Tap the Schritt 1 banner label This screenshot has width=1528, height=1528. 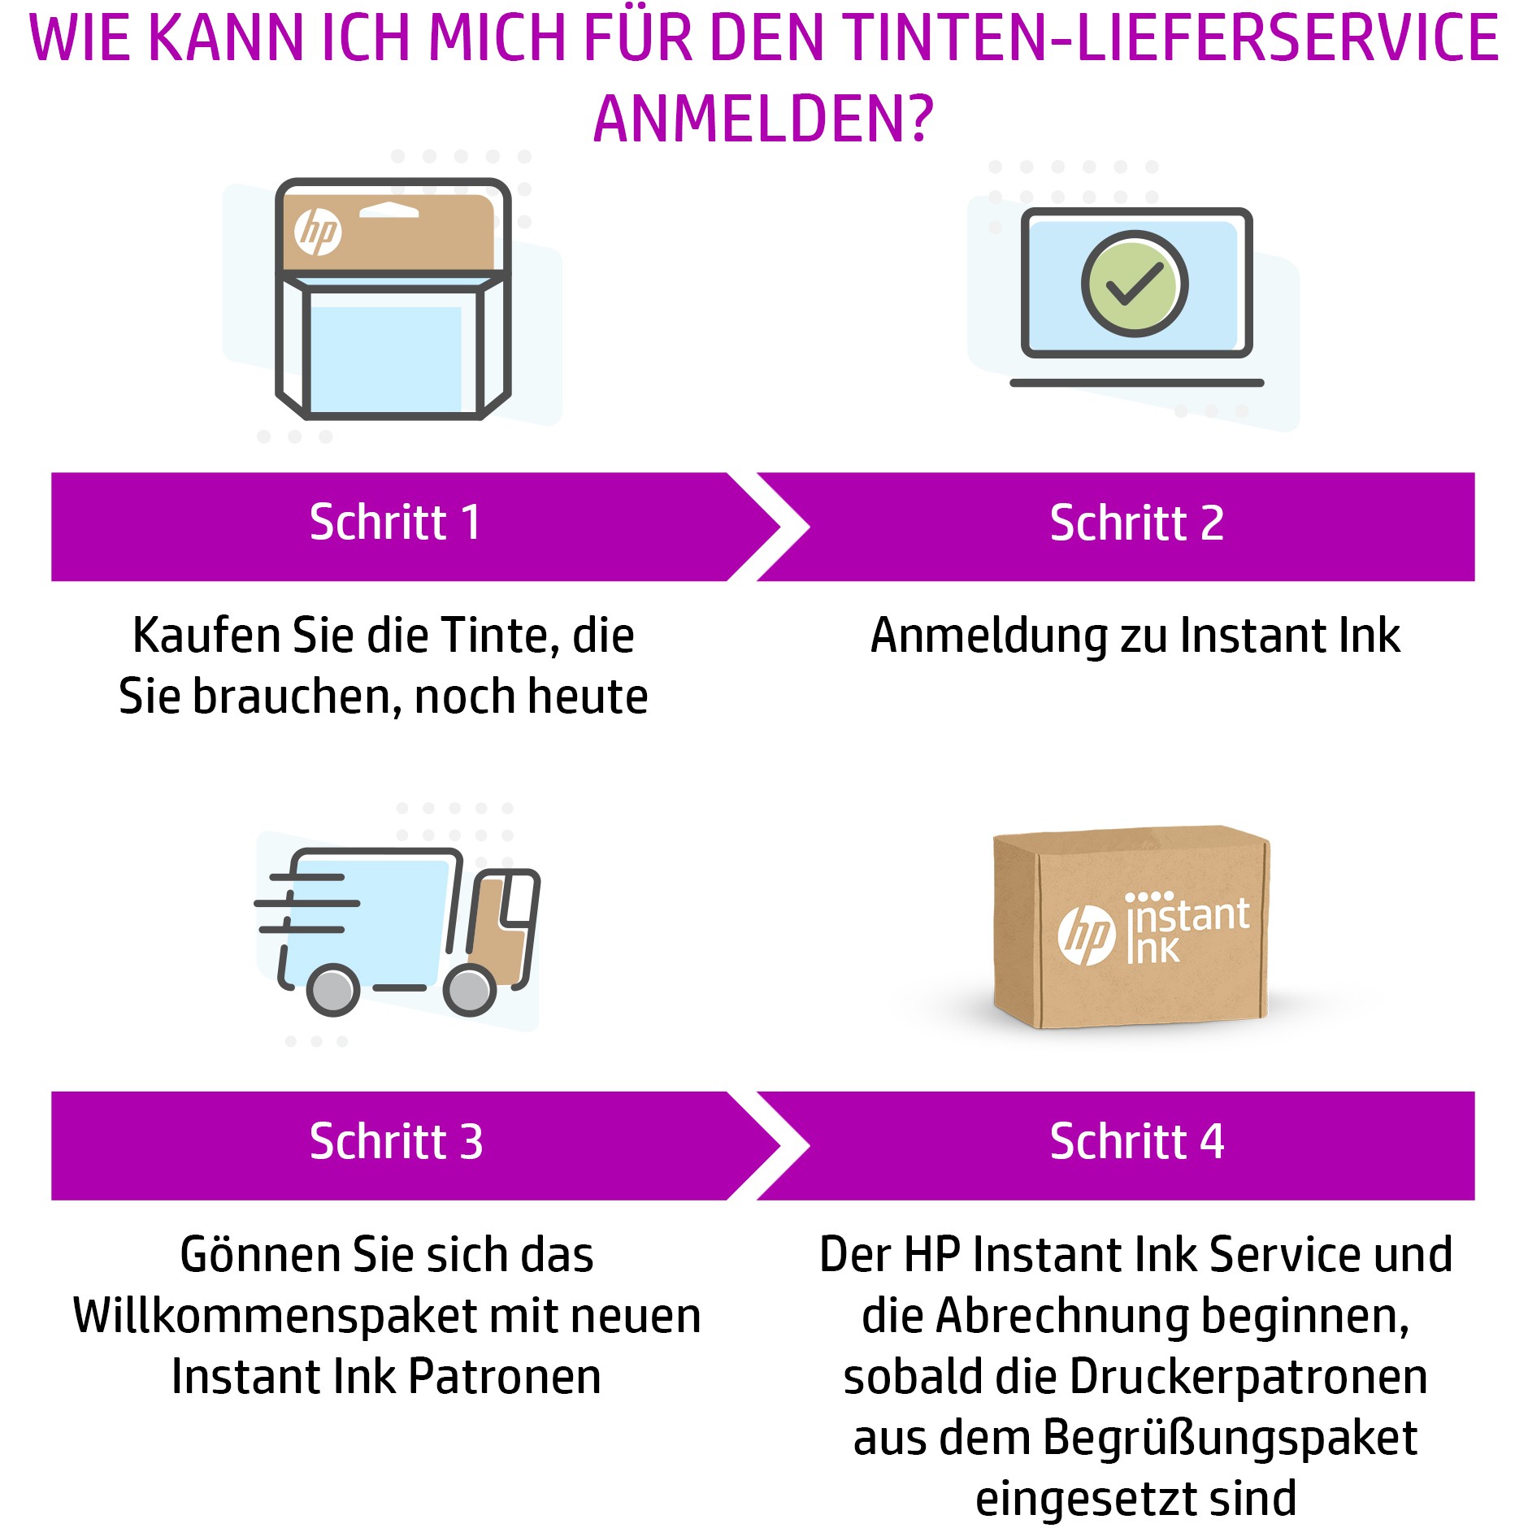point(395,523)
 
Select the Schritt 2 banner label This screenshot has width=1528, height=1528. point(1136,523)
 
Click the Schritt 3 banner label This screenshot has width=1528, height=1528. point(397,1142)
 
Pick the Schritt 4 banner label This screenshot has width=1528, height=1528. point(1136,1142)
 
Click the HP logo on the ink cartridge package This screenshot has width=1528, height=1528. point(317,232)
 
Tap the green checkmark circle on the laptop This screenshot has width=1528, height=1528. point(1135,284)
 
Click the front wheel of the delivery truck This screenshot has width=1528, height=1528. point(470,989)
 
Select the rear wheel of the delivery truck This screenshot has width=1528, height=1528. point(333,989)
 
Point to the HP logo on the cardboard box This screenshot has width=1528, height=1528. point(1086,935)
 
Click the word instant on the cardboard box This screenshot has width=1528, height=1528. point(1189,915)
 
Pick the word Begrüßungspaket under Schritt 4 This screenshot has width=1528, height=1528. point(1230,1438)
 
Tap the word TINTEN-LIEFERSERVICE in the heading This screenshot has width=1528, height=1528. point(1170,39)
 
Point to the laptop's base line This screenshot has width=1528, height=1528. point(1136,383)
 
